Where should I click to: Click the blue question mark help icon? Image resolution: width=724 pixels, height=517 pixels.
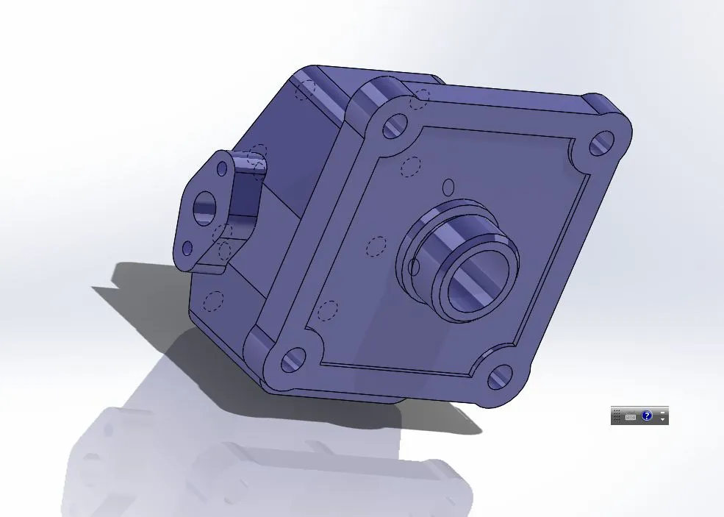pyautogui.click(x=647, y=416)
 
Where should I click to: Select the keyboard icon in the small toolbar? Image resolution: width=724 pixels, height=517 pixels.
pyautogui.click(x=631, y=416)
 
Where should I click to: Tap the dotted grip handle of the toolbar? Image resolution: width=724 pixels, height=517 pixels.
pyautogui.click(x=617, y=416)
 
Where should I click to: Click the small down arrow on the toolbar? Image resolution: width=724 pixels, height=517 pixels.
pyautogui.click(x=663, y=419)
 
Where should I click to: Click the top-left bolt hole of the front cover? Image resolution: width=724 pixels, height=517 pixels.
pyautogui.click(x=395, y=126)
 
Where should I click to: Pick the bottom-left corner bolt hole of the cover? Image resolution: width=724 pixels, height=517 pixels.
pyautogui.click(x=293, y=359)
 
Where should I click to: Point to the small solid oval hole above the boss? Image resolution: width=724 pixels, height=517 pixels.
pyautogui.click(x=450, y=187)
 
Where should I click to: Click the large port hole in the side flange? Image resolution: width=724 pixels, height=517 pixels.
pyautogui.click(x=203, y=209)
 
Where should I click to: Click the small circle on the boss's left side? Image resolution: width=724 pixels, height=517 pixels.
pyautogui.click(x=414, y=266)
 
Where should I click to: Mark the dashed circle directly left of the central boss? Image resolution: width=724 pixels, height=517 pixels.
pyautogui.click(x=376, y=246)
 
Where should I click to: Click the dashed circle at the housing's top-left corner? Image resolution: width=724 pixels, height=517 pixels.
pyautogui.click(x=305, y=90)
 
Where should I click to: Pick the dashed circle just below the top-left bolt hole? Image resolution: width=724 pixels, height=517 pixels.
pyautogui.click(x=412, y=168)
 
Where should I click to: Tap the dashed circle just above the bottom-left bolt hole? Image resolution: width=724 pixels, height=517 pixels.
pyautogui.click(x=328, y=311)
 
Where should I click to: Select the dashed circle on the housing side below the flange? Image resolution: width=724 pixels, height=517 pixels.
pyautogui.click(x=215, y=302)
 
